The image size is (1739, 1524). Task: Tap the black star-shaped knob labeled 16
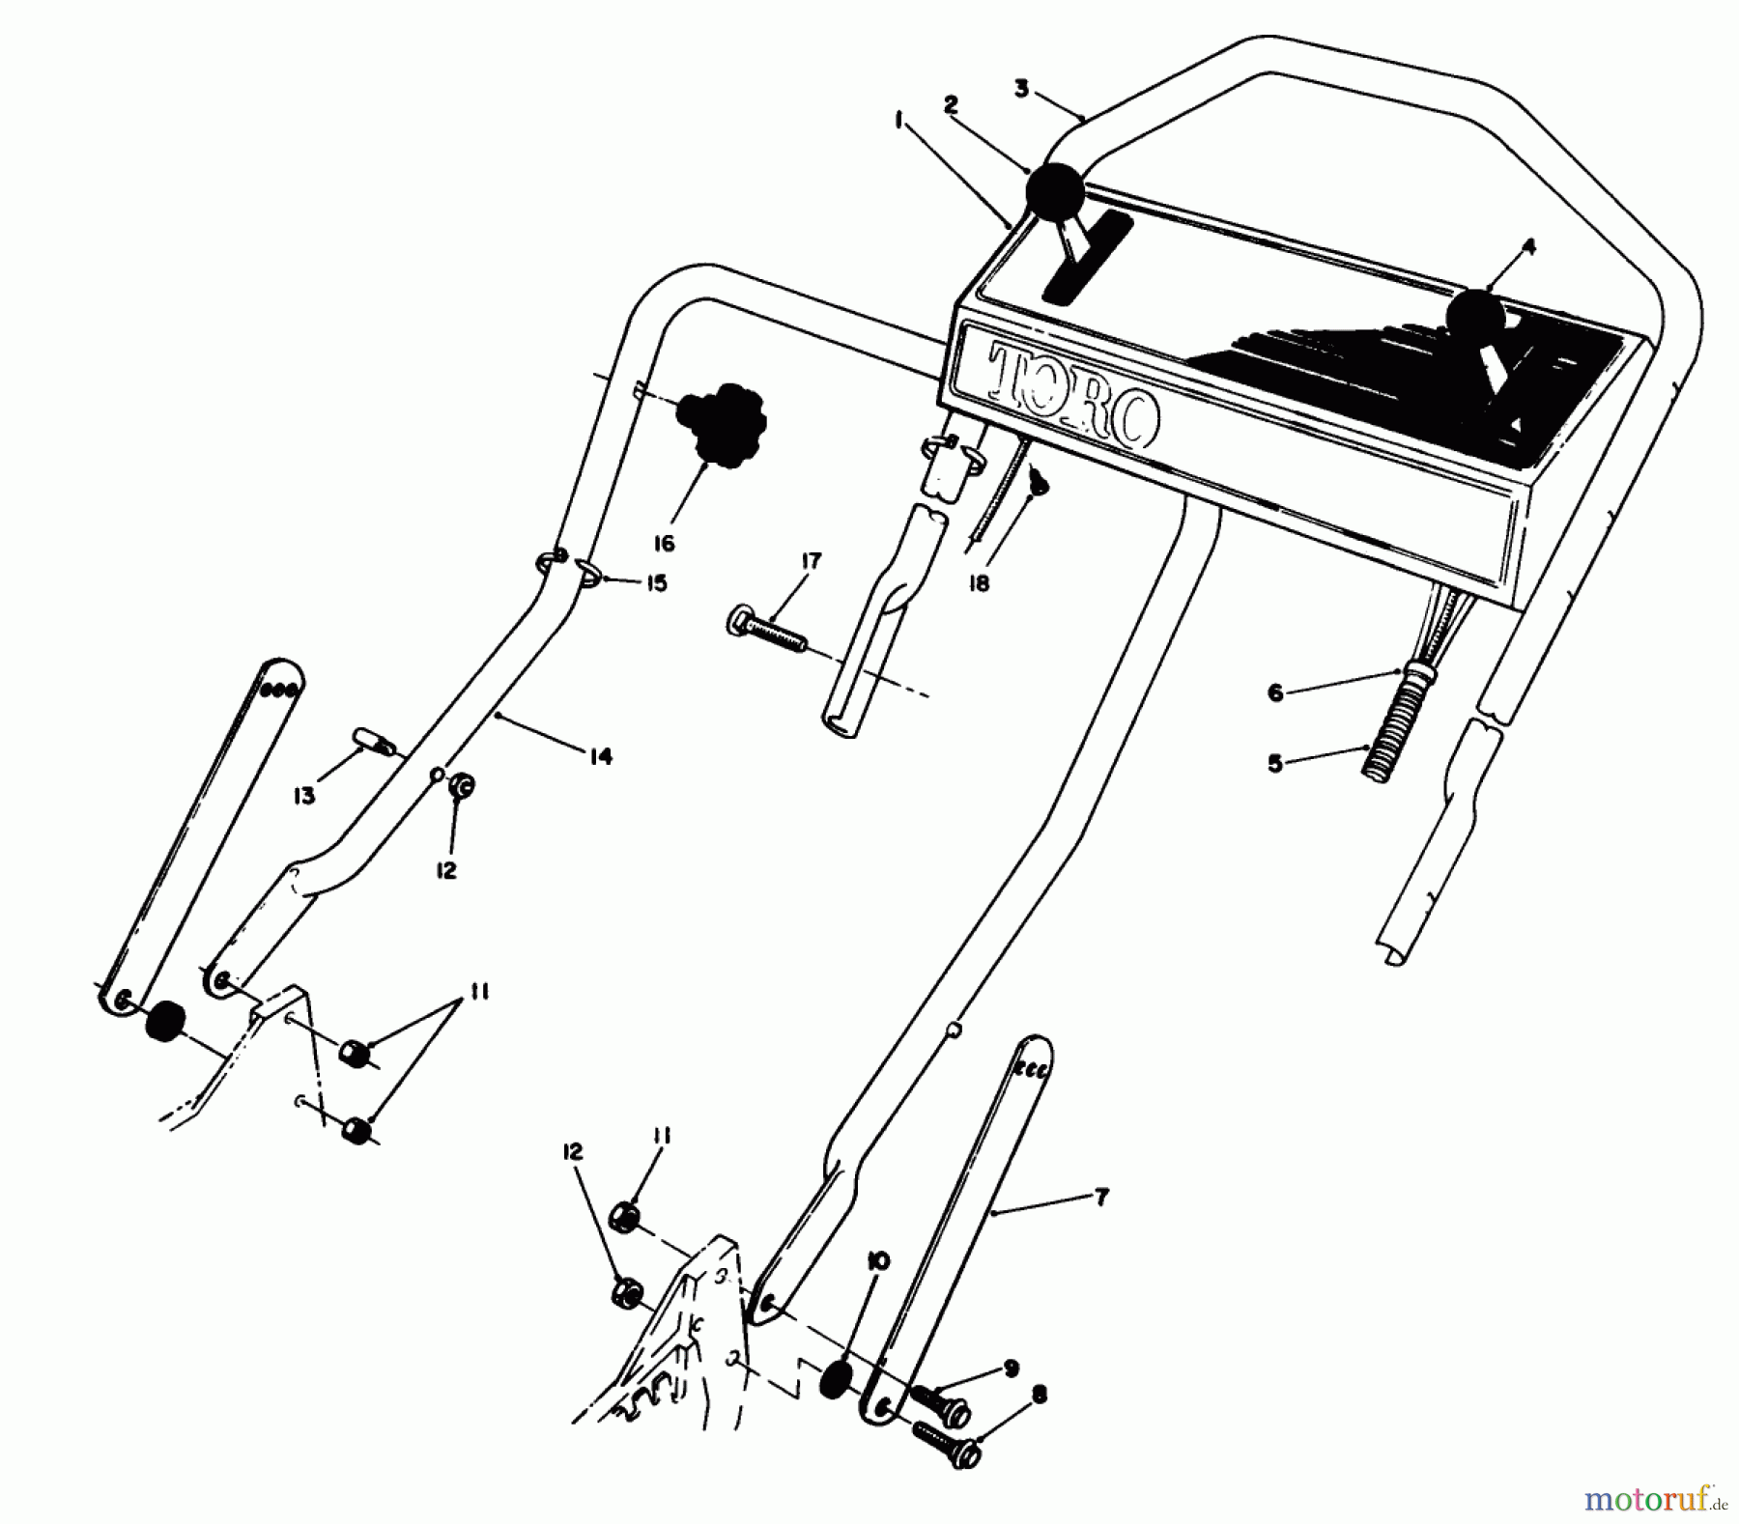(x=721, y=425)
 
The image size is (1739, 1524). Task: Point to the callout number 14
(x=601, y=756)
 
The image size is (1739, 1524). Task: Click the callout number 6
(x=1275, y=692)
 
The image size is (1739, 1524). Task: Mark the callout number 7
(x=1102, y=1198)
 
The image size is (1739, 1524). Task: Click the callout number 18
(x=980, y=584)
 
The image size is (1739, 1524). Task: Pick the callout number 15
(x=657, y=584)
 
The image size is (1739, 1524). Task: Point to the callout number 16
(x=663, y=544)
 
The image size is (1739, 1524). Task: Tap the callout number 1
(x=899, y=121)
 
